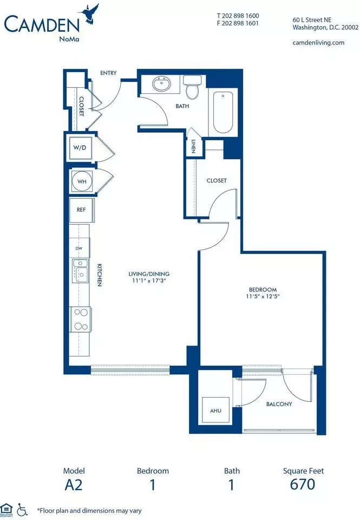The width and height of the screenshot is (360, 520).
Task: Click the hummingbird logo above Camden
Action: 88,14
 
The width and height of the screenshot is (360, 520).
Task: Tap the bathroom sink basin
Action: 162,83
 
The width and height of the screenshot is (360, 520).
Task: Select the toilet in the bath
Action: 192,87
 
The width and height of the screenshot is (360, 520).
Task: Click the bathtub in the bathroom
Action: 222,112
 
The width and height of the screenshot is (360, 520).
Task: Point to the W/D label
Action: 80,147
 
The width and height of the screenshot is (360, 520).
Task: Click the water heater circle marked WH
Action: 82,181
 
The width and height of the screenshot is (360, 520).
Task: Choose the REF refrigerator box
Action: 82,210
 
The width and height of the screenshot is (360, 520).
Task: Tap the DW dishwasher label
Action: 79,248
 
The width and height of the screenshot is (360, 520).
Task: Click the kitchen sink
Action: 80,271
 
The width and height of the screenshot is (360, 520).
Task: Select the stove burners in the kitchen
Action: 81,319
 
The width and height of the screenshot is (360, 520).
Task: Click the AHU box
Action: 216,410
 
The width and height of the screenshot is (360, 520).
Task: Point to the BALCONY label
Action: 279,404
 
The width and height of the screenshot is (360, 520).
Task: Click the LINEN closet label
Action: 193,146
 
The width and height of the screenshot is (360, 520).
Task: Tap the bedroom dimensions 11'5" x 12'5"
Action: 263,296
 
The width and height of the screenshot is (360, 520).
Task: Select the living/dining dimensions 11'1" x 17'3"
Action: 149,281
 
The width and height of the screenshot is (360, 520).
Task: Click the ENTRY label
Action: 108,73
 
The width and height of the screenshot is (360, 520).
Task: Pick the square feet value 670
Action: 302,484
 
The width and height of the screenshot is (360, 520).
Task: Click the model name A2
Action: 74,484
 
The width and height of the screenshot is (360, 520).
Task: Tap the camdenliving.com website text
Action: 318,42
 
